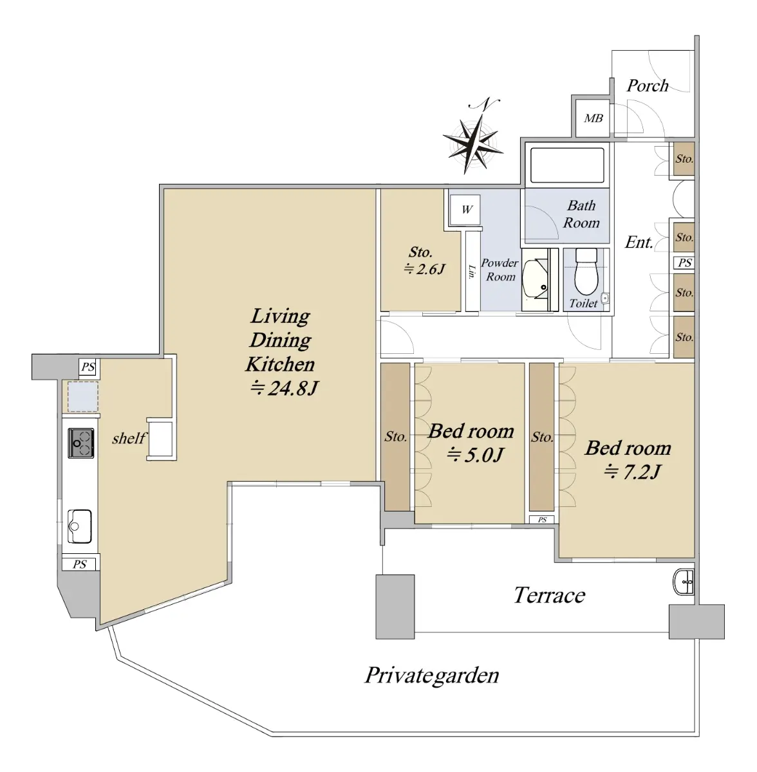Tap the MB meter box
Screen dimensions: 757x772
pos(593,118)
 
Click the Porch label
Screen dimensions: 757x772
pos(648,86)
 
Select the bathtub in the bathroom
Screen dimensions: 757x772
pos(567,165)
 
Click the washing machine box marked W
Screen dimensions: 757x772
pos(465,210)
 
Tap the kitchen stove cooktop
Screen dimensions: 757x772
pos(81,443)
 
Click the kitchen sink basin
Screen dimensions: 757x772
pos(79,526)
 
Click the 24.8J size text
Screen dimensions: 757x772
pos(285,388)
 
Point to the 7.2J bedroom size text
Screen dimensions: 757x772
pos(632,472)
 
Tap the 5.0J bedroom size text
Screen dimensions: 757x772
pos(474,455)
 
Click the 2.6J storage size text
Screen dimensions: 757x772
pos(425,269)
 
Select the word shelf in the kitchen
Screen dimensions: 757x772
pos(128,438)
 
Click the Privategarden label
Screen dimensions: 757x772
pos(432,675)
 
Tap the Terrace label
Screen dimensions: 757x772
pos(549,595)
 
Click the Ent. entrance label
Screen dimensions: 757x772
pos(639,242)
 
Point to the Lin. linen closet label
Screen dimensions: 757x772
pos(472,271)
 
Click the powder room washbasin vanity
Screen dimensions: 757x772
pos(536,279)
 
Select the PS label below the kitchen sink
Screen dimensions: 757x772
pos(79,564)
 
